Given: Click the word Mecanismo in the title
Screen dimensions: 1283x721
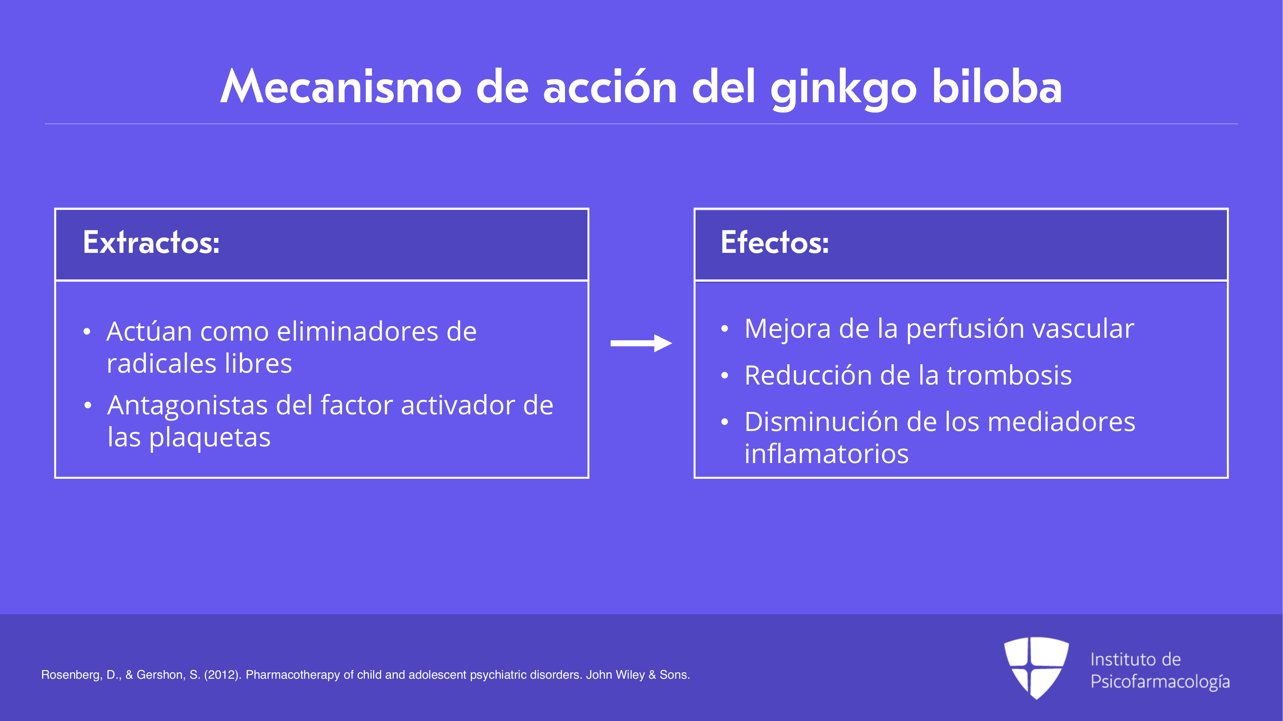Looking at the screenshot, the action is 341,87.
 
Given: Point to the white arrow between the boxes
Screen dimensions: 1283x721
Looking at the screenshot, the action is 641,343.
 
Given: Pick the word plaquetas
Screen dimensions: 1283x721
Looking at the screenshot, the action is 210,438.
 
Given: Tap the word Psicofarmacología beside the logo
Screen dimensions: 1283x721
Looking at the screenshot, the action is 1160,682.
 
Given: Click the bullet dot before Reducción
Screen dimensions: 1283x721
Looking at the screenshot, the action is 725,376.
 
